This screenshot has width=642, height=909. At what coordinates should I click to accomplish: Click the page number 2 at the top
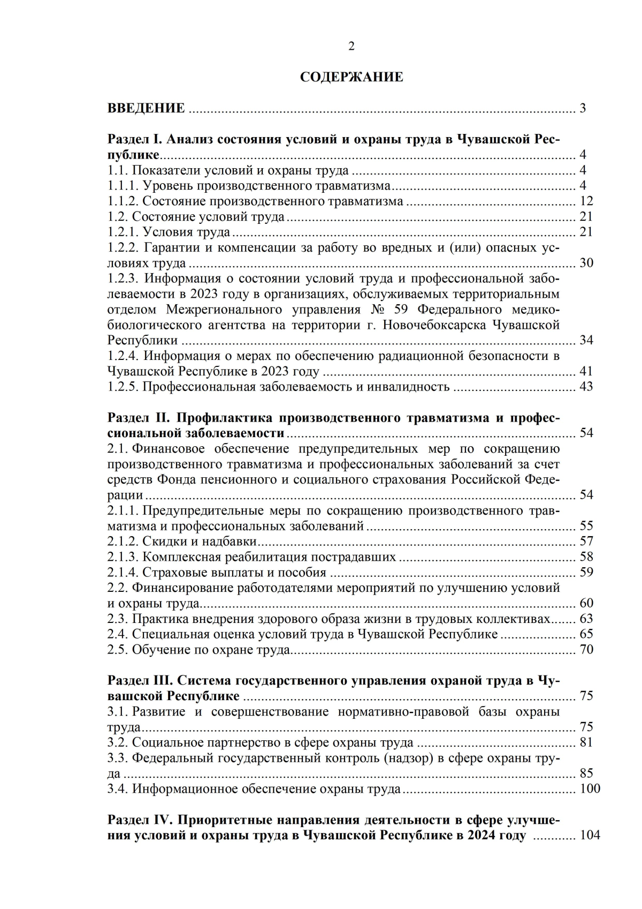[351, 47]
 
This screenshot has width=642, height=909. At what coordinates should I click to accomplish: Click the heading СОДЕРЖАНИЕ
[351, 77]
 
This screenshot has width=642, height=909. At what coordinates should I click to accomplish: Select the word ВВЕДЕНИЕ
[146, 108]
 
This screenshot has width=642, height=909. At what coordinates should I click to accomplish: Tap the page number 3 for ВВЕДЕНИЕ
[583, 108]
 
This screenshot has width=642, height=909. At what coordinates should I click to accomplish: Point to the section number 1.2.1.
[123, 232]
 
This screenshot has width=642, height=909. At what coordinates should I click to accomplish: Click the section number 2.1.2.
[123, 542]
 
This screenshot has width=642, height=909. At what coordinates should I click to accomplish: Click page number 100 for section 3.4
[590, 789]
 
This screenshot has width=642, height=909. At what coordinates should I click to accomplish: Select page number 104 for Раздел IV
[590, 836]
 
